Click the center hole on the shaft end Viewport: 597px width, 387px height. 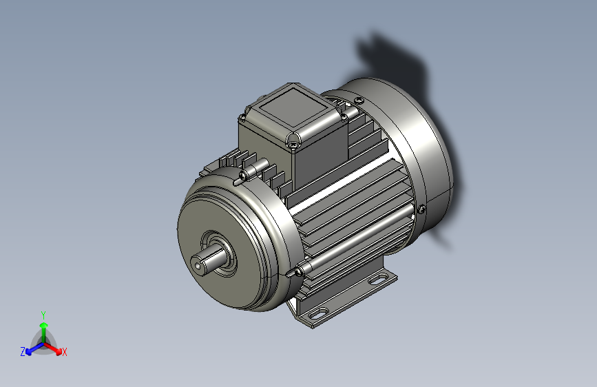tap(197, 264)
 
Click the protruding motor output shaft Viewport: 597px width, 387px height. tap(208, 259)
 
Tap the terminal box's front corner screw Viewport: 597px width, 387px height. tap(293, 143)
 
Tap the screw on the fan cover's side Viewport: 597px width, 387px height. tap(421, 209)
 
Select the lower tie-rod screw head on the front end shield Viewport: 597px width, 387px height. tap(299, 271)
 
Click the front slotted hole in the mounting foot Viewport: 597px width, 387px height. tap(318, 313)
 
